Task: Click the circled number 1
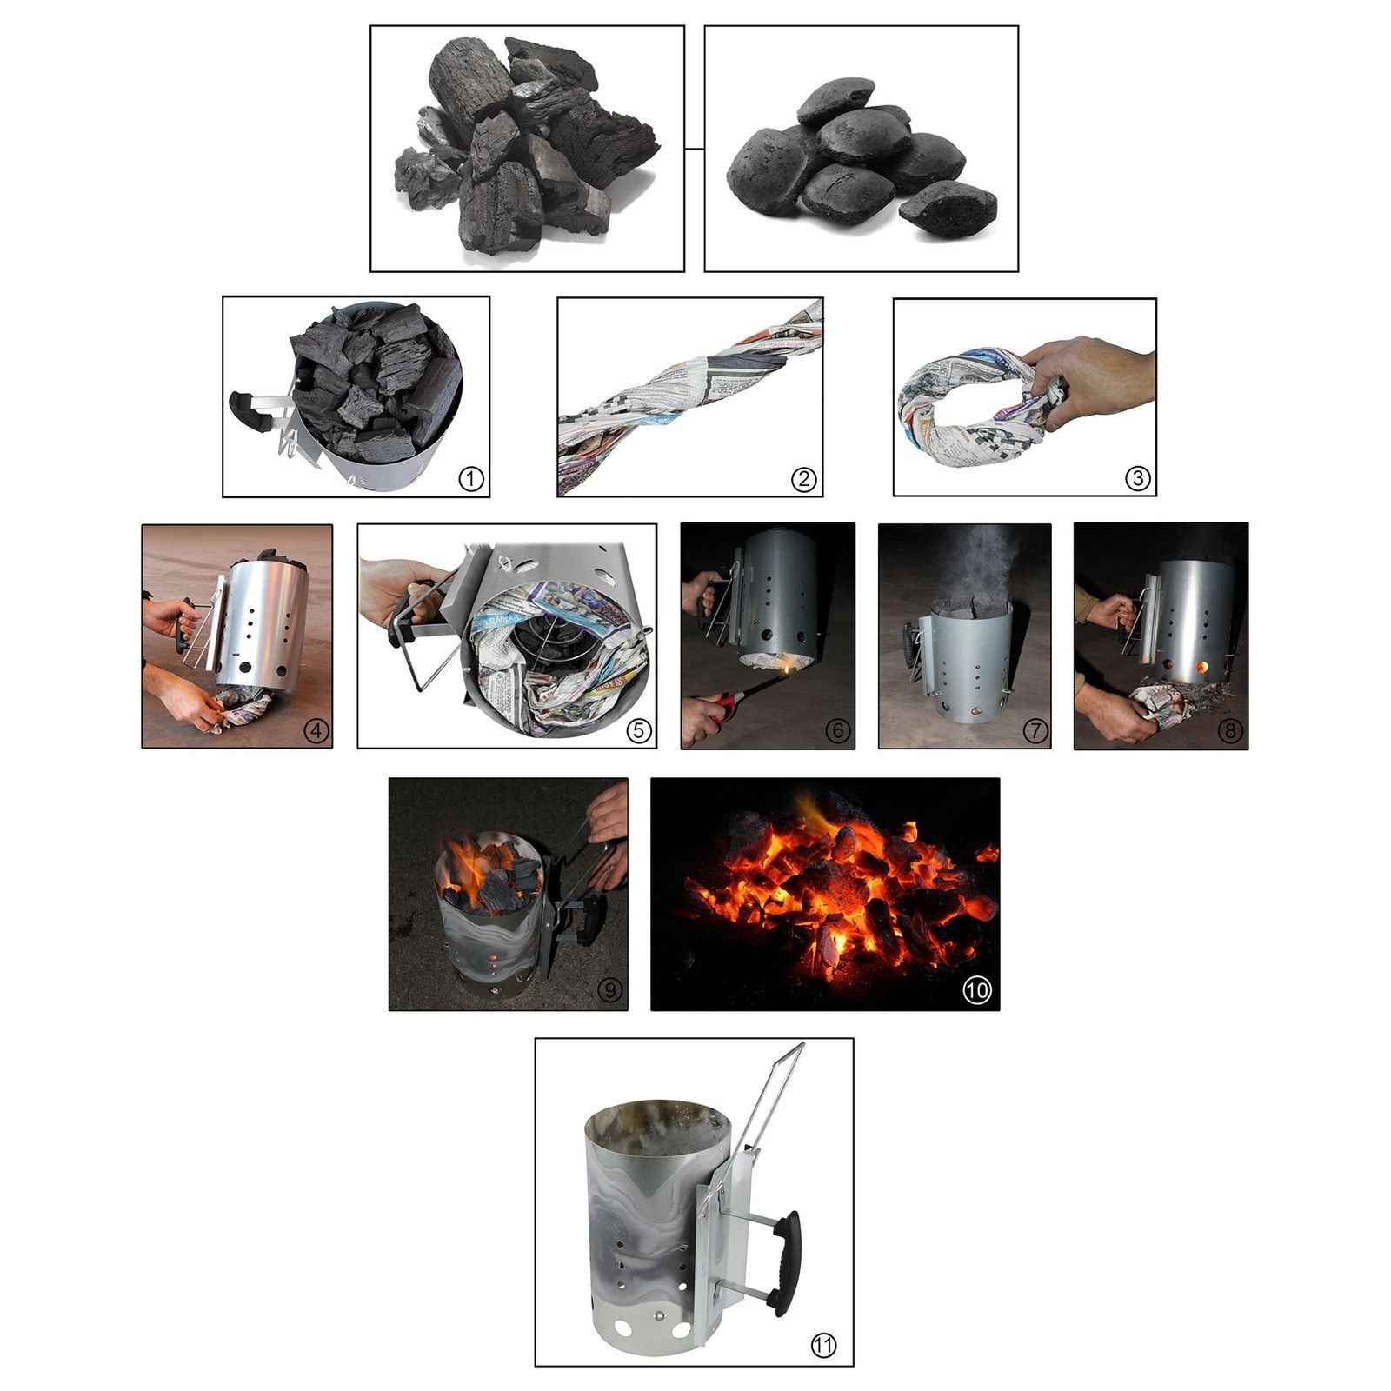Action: tap(470, 478)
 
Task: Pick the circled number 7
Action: tap(1035, 730)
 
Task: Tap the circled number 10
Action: tap(978, 990)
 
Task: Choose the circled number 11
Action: tap(823, 1346)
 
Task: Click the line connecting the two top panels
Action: tap(694, 150)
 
